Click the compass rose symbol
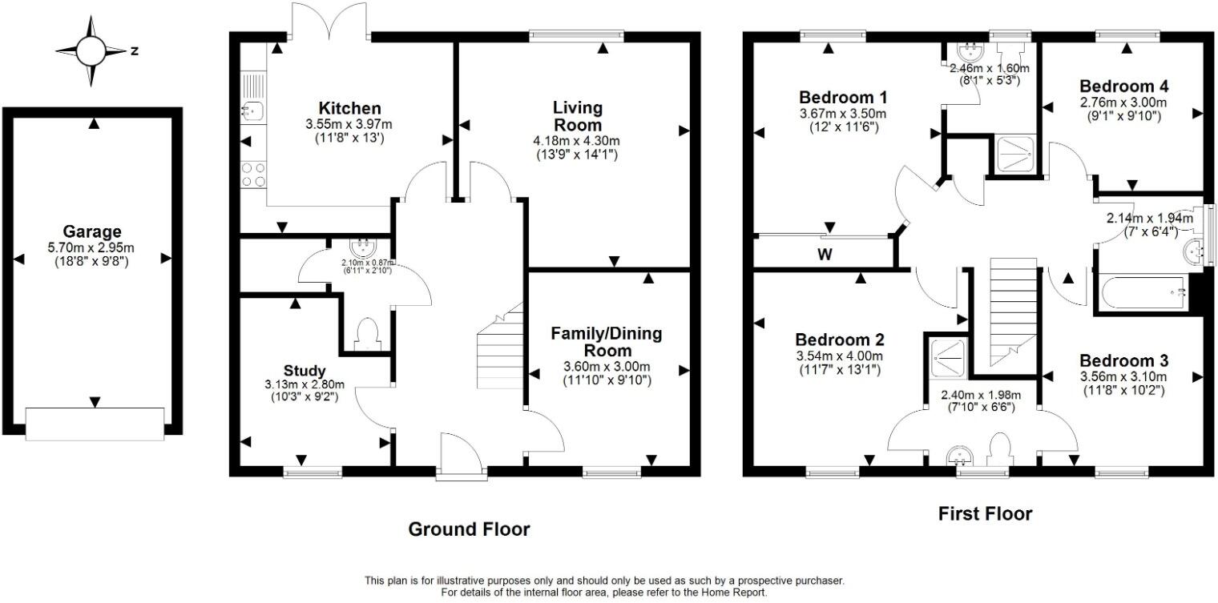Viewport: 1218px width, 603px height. pyautogui.click(x=90, y=52)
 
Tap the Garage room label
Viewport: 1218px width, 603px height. pyautogui.click(x=95, y=233)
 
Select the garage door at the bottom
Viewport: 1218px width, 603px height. pyautogui.click(x=95, y=424)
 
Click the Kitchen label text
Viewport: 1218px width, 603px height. pyautogui.click(x=349, y=108)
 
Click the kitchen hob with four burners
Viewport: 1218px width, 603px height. pyautogui.click(x=253, y=175)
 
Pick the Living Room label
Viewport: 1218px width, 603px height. pyautogui.click(x=577, y=117)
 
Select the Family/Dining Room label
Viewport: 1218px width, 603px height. pyautogui.click(x=606, y=342)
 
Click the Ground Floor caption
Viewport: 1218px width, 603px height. pyautogui.click(x=469, y=529)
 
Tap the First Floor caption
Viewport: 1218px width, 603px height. pyautogui.click(x=985, y=514)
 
